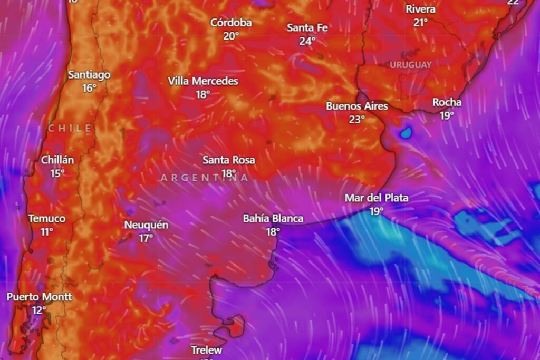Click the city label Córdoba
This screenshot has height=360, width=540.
point(231,23)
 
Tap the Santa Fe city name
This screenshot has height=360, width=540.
point(307,27)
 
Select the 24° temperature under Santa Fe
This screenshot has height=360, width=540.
point(307,41)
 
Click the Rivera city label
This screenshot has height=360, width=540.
point(420,9)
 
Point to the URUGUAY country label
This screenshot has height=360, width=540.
point(411,65)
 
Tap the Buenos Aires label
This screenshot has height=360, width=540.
point(356,106)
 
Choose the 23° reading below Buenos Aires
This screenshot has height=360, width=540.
point(356,119)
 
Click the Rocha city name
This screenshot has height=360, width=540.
point(447,102)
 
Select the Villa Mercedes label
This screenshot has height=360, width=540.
point(203,81)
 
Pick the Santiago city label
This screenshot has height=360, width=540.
point(89,75)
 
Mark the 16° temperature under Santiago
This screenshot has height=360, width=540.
point(89,88)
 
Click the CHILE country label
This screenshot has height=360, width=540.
point(70,128)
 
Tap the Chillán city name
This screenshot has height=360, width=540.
point(57,160)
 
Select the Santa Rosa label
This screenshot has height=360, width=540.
point(229,160)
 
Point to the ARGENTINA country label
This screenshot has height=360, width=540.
point(205,178)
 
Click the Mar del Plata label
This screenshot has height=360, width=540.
point(377,198)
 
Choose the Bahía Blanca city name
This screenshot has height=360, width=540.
point(273,218)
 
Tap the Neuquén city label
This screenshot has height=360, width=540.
point(146,225)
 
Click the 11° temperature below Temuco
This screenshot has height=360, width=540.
point(47,231)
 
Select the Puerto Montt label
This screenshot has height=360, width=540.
point(39,297)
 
